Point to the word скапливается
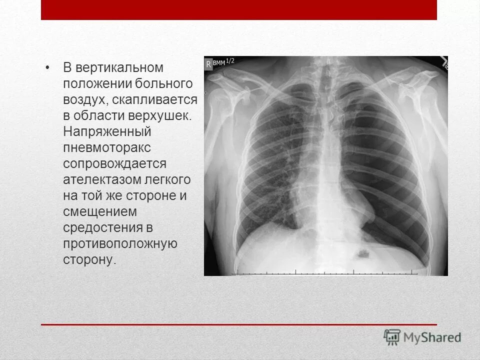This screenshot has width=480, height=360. [x=154, y=99]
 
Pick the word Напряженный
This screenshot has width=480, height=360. [x=106, y=132]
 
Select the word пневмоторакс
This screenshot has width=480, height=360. [x=106, y=148]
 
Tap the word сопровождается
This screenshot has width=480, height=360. [x=114, y=164]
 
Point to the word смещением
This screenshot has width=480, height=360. [x=99, y=211]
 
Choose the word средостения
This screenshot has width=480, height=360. [x=104, y=227]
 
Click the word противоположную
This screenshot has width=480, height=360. [x=120, y=243]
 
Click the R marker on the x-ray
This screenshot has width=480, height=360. [x=208, y=63]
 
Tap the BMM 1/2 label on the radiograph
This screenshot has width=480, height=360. [x=223, y=62]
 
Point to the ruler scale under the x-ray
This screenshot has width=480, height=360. [x=325, y=273]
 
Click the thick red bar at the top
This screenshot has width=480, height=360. [x=239, y=10]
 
